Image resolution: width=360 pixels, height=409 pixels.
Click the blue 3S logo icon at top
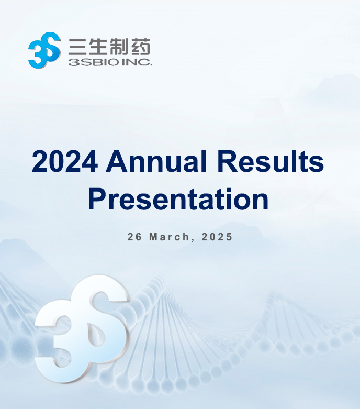tap(44, 50)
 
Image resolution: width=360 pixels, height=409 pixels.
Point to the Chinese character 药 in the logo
tap(141, 47)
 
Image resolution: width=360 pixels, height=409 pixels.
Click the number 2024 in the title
tap(65, 161)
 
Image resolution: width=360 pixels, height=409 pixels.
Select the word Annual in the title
tap(156, 161)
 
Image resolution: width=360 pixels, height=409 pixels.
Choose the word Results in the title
tap(270, 161)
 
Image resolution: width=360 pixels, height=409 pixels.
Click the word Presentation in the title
tap(178, 200)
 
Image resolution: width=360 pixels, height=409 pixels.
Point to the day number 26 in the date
tap(134, 237)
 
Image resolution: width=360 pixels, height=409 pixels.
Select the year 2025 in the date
tap(217, 237)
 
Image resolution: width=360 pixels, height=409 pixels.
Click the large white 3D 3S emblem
tap(82, 329)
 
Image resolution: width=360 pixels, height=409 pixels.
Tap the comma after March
tap(193, 240)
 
